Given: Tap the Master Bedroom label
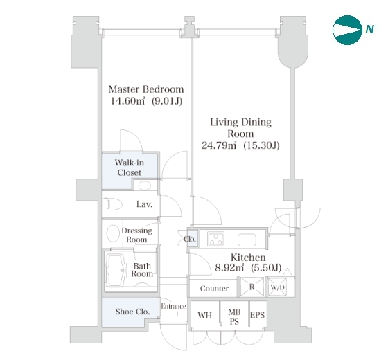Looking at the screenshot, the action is tap(146, 89).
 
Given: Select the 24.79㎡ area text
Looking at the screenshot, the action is tap(219, 145).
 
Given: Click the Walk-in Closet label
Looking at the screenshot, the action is tap(130, 168).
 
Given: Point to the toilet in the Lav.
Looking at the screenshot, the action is tap(112, 204).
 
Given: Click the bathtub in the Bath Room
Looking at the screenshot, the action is tap(116, 271).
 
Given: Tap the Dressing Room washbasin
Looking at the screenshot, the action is tap(113, 233).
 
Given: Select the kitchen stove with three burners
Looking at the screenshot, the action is tap(215, 239).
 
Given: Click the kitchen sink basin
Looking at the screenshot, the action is tap(247, 240).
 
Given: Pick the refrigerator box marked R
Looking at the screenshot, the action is tap(252, 287).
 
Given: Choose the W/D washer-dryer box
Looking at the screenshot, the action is tap(277, 287).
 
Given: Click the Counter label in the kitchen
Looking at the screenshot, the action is tap(214, 289).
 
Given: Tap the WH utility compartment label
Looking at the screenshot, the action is tap(205, 315).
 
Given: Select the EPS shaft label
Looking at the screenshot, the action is tap(257, 315).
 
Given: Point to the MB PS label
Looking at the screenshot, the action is tap(234, 317).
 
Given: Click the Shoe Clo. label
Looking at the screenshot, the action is tap(132, 312).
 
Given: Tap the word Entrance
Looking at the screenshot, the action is tap(173, 306).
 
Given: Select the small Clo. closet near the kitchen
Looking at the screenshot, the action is tap(192, 239).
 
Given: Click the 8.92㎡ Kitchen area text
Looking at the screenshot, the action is tap(229, 268).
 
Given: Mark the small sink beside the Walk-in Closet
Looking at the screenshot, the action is tap(144, 186).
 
